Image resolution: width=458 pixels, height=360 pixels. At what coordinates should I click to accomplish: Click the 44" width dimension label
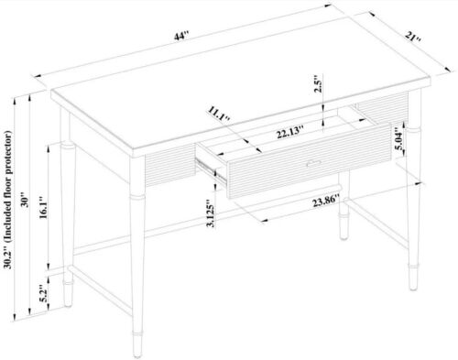tap(181, 37)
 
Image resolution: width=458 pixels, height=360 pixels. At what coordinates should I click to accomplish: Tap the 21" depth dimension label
tap(414, 37)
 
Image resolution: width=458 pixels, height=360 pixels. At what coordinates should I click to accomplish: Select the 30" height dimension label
tap(25, 200)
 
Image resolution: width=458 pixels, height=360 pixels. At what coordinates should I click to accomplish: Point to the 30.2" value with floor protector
tap(8, 258)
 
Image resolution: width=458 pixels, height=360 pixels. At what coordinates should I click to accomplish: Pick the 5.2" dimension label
tap(44, 293)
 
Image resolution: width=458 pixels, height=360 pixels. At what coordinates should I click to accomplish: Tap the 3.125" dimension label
tap(211, 213)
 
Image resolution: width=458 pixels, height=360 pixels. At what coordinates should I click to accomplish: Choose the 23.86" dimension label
tap(326, 202)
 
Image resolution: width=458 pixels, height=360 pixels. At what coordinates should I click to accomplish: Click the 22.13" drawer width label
tap(290, 132)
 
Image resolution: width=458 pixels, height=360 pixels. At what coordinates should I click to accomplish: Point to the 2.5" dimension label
tap(319, 83)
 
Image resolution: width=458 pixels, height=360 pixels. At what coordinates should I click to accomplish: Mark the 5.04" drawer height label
tap(400, 139)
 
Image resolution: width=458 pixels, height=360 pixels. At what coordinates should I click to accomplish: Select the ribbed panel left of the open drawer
tap(170, 165)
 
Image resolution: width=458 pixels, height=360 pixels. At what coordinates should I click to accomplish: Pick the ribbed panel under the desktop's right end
tap(383, 107)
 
